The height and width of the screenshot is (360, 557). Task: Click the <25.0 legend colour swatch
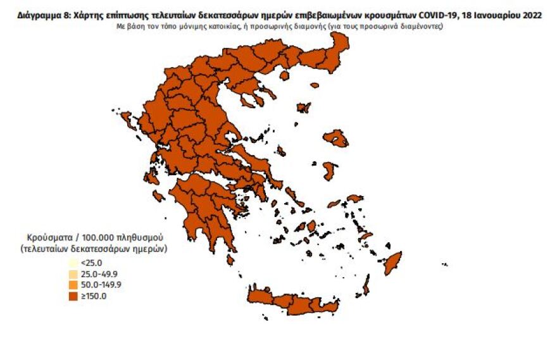pos(73,263)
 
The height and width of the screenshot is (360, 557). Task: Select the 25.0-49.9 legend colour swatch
pos(73,274)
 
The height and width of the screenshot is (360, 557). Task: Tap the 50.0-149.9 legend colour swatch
pos(73,285)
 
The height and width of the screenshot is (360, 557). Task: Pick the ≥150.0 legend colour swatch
pos(73,295)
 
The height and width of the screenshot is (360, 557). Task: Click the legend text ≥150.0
pos(94,295)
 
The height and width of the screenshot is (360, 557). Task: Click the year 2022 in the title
pos(530,15)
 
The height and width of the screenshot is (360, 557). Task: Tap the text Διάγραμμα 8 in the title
pos(45,15)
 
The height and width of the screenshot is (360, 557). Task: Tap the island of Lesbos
pos(335,138)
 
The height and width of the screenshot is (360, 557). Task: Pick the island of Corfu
pos(127,119)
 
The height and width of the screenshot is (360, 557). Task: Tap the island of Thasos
pos(284,75)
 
